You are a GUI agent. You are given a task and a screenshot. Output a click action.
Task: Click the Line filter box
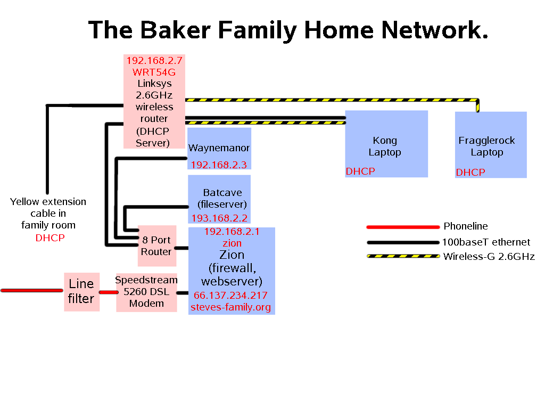pyautogui.click(x=81, y=291)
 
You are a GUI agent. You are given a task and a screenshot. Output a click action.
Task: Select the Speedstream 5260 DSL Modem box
pyautogui.click(x=146, y=291)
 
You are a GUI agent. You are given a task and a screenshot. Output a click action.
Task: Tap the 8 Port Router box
pyautogui.click(x=156, y=246)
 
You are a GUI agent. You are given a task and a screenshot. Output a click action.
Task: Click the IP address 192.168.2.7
pyautogui.click(x=154, y=61)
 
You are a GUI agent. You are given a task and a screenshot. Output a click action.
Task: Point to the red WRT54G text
pyautogui.click(x=154, y=72)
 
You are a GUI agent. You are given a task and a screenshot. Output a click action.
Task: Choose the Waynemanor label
pyautogui.click(x=219, y=148)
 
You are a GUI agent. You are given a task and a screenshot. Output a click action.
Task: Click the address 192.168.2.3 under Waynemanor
pyautogui.click(x=219, y=165)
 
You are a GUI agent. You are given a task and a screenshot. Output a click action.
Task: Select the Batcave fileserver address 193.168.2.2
pyautogui.click(x=219, y=218)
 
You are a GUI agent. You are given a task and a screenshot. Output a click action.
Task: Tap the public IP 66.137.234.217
pyautogui.click(x=230, y=296)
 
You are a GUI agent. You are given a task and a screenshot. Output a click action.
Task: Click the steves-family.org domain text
pyautogui.click(x=231, y=307)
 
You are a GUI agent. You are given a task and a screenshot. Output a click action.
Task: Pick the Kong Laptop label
pyautogui.click(x=385, y=146)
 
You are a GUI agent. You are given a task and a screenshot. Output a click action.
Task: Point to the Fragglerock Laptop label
pyautogui.click(x=487, y=146)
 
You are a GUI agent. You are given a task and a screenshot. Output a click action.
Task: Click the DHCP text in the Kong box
pyautogui.click(x=360, y=171)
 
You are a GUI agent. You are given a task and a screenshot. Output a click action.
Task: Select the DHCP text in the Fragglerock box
pyautogui.click(x=470, y=173)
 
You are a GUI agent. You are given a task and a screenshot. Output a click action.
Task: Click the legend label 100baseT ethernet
pyautogui.click(x=486, y=242)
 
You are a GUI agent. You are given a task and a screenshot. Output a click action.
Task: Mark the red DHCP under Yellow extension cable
pyautogui.click(x=50, y=238)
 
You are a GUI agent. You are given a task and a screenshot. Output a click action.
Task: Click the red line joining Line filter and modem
pyautogui.click(x=108, y=292)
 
